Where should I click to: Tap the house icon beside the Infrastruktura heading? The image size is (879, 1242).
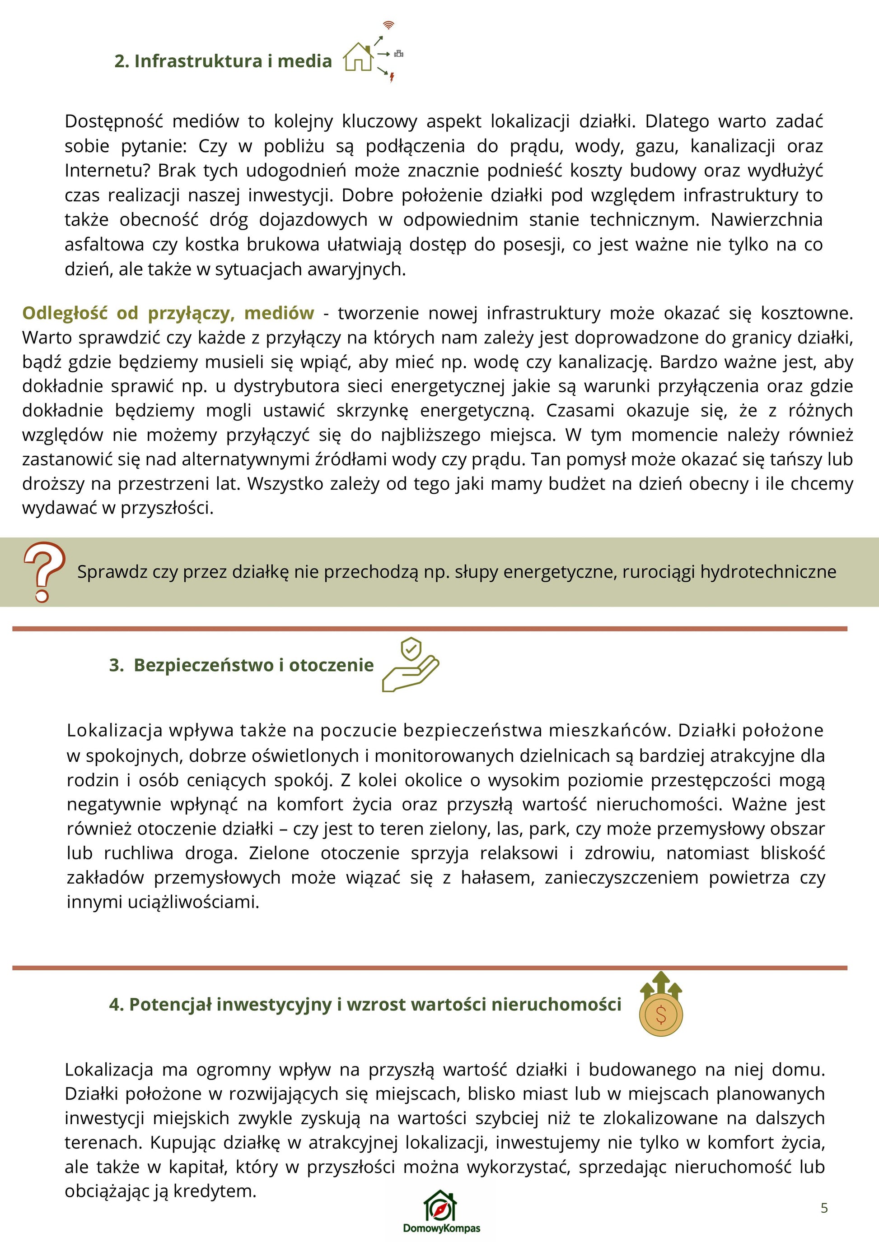[358, 57]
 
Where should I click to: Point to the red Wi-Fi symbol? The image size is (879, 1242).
[388, 24]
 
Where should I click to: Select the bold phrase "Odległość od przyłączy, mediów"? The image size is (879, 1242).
[168, 313]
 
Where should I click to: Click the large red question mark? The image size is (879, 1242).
[43, 571]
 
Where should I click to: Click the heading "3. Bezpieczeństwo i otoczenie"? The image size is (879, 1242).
[241, 665]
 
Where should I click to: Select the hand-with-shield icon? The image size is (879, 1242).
[410, 665]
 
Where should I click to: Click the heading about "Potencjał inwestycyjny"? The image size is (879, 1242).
[365, 1004]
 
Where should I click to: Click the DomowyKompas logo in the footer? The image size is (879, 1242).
[441, 1212]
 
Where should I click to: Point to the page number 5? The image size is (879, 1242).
[824, 1208]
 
